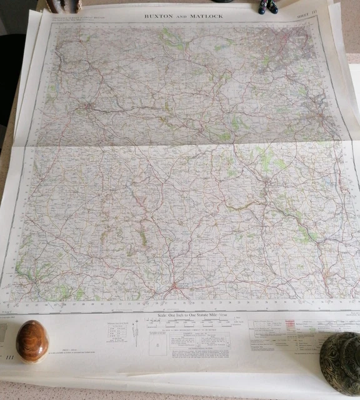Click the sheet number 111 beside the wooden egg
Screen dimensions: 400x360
(9, 356)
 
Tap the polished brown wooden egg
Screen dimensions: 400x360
(32, 341)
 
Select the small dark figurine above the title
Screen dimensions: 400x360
(267, 7)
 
